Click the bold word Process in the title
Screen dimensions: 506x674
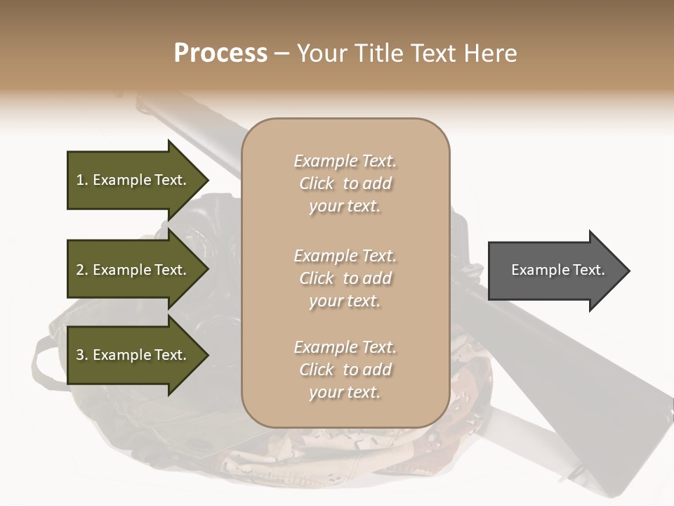pos(220,53)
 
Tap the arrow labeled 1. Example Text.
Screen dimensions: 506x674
pos(133,180)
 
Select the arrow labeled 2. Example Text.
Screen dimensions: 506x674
pos(133,270)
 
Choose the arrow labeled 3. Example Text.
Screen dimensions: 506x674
pos(133,355)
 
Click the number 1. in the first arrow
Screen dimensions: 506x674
pos(82,180)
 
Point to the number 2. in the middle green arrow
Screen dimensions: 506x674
pos(82,270)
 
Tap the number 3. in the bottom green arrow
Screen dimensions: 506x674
pos(82,355)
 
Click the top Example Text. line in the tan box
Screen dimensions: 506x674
pos(345,161)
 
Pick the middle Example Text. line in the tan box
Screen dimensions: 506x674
pos(345,255)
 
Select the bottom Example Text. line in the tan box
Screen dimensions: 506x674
pos(345,347)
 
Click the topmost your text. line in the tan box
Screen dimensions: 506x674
pos(345,207)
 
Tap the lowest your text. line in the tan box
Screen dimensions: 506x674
pos(345,392)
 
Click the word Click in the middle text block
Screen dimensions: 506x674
pos(317,278)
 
